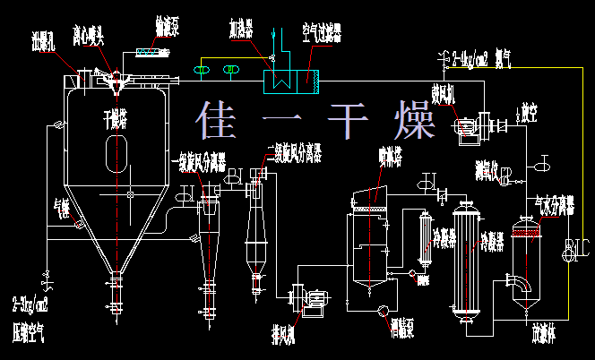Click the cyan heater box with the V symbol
pyautogui.click(x=279, y=80)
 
